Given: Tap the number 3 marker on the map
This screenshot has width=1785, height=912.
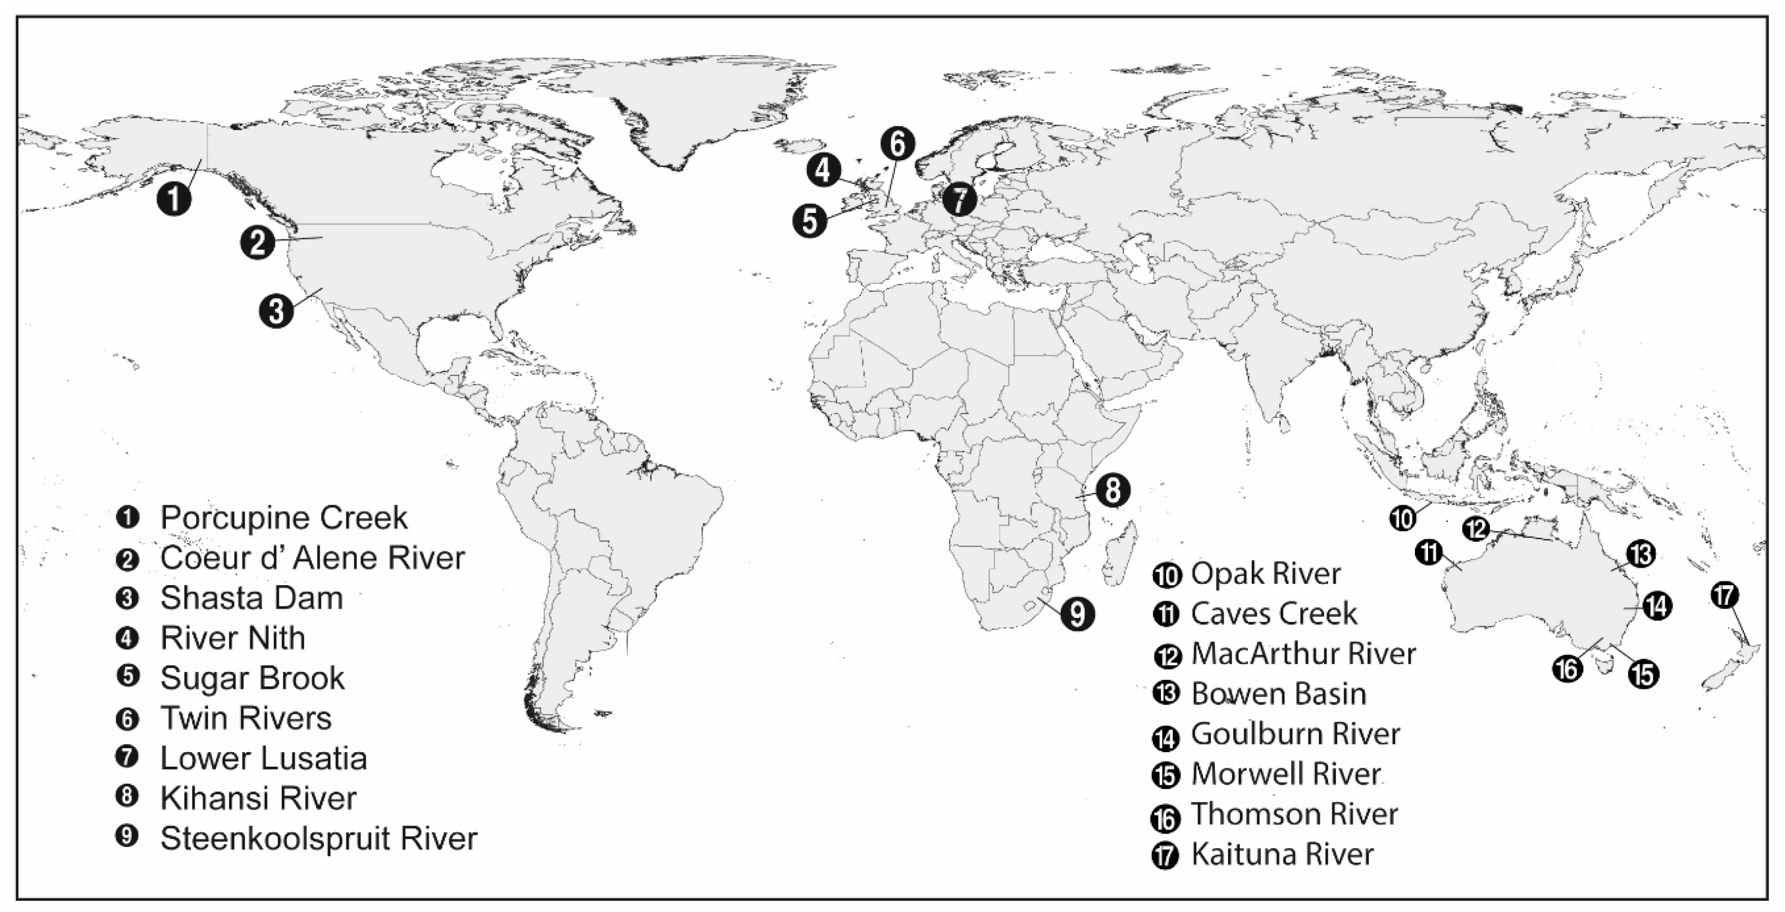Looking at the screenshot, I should [x=276, y=310].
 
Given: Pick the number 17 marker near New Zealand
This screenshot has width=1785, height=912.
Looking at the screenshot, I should [x=1724, y=595].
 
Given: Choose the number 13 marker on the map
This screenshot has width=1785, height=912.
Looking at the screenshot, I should [x=1640, y=554].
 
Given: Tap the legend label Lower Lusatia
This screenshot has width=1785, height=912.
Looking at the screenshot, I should [x=263, y=758].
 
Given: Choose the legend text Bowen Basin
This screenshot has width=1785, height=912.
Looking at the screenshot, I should [x=1278, y=694].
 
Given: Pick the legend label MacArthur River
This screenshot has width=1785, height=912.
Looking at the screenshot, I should [x=1303, y=654].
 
